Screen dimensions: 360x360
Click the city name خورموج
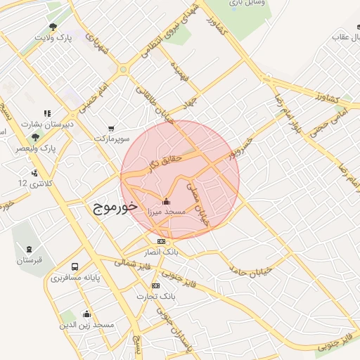(x=114, y=208)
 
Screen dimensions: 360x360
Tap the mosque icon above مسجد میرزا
(x=165, y=200)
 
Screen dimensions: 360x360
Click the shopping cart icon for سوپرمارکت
(x=112, y=128)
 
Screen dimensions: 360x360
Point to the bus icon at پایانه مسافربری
(x=75, y=267)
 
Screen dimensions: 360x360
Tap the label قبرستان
(x=30, y=261)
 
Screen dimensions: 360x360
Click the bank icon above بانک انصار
(x=162, y=241)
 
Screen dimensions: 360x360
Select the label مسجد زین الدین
(x=86, y=325)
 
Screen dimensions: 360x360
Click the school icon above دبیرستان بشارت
(x=47, y=112)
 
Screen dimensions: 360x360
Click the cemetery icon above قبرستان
(x=29, y=250)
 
